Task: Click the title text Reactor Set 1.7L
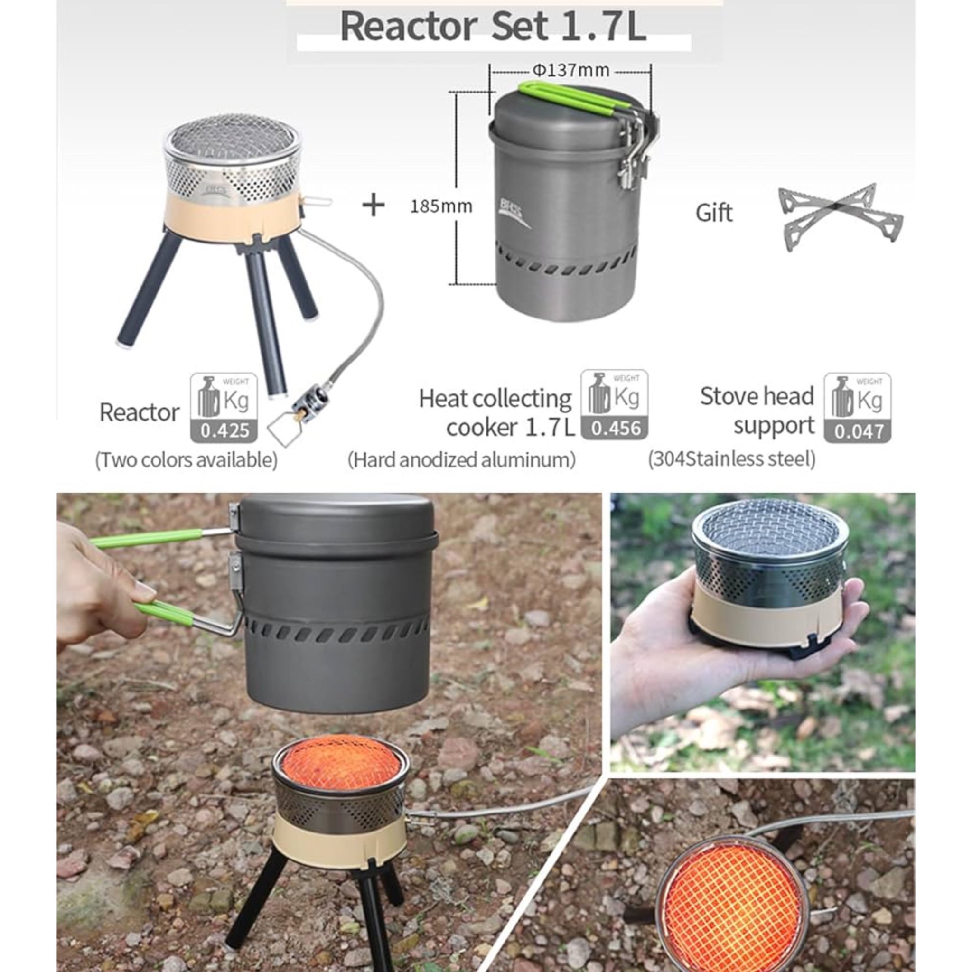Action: (493, 26)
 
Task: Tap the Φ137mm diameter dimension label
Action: (570, 70)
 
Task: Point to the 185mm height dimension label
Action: (441, 206)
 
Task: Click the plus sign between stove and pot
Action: (374, 205)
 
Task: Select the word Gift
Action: (714, 213)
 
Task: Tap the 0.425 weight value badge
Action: (224, 431)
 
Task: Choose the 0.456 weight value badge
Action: (615, 428)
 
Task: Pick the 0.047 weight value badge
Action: (858, 432)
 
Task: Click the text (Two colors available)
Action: (186, 460)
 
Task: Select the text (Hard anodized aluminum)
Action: (461, 459)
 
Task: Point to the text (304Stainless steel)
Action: (731, 458)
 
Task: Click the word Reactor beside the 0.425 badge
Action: (140, 412)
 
